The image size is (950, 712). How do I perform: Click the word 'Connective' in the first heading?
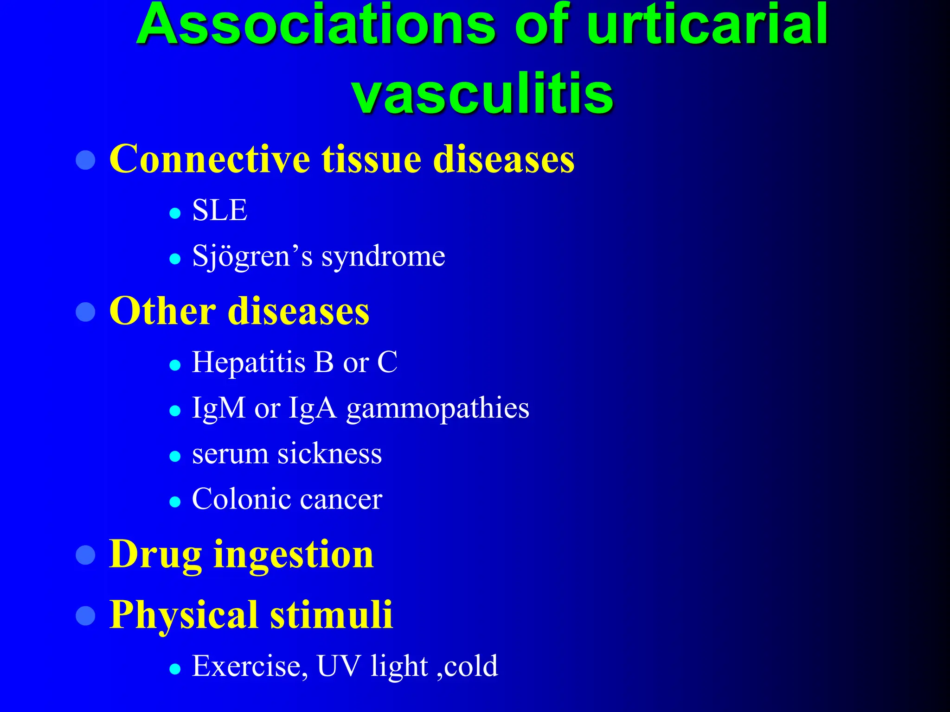209,159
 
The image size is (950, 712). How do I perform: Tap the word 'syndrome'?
383,256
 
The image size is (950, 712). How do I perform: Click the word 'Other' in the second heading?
162,311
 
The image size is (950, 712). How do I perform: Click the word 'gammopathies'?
437,408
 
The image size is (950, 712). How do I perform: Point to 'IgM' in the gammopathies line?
218,408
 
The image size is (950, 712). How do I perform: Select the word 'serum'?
230,454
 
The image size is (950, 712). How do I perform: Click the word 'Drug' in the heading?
155,554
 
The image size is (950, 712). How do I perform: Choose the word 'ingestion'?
293,554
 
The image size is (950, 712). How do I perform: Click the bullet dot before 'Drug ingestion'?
85,555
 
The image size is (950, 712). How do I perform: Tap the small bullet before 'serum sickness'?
175,456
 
